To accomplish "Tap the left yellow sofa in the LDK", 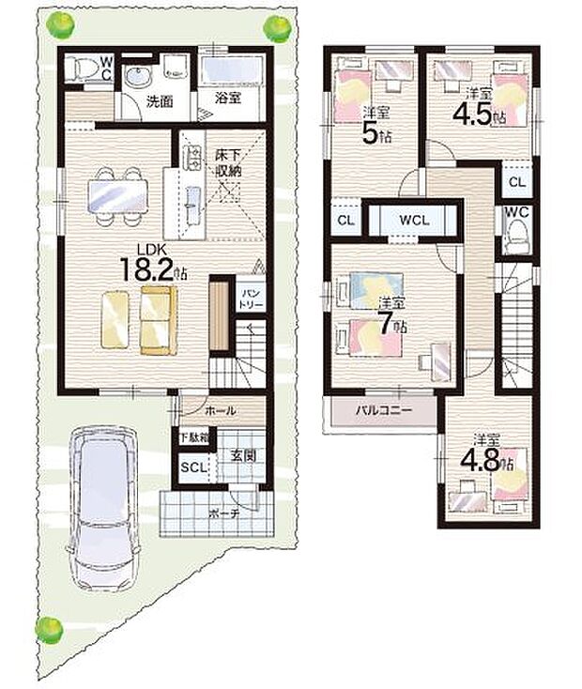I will (x=115, y=321).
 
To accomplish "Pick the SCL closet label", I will (x=192, y=467).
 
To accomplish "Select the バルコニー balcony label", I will (x=379, y=410).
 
